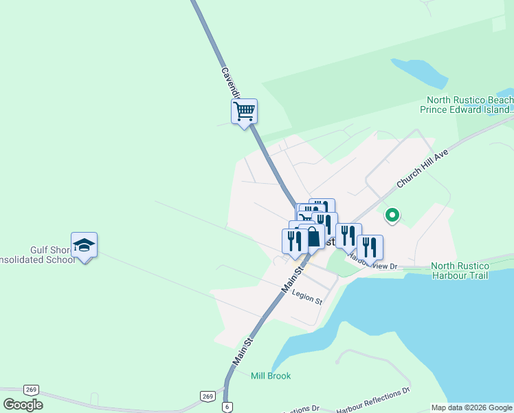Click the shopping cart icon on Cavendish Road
245,111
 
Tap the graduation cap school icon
84,245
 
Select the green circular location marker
392,215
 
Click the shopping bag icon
312,236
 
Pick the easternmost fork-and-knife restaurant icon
370,247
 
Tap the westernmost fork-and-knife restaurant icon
295,240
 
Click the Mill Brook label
270,376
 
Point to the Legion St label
306,297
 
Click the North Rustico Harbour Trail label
460,271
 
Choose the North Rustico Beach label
469,105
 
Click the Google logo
23,405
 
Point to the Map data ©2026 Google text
471,407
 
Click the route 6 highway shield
227,407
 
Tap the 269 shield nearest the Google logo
30,390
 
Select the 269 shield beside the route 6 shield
208,396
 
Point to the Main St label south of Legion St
243,350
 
